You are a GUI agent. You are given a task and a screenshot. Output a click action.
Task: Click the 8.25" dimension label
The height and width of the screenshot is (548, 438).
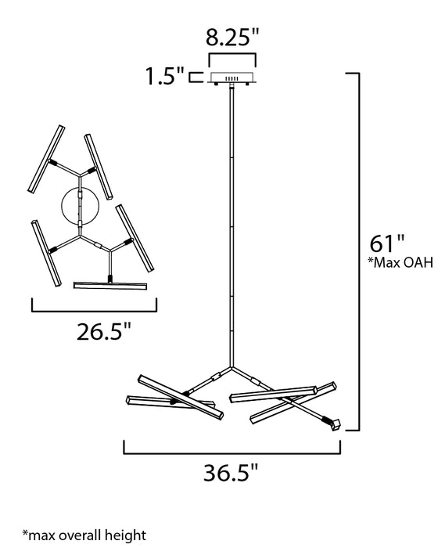pos(232,38)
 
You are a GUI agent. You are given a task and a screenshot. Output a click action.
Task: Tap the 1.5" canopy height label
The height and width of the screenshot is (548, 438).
pos(164,76)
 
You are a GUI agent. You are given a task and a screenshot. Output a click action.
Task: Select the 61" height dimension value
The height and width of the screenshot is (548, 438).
pos(387,243)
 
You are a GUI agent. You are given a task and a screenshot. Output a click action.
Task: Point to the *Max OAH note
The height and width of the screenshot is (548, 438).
pos(400,262)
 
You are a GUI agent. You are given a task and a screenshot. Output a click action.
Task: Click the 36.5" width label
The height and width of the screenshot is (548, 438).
pos(231,473)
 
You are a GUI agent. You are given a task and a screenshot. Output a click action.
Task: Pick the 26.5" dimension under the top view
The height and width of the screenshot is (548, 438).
pos(104,331)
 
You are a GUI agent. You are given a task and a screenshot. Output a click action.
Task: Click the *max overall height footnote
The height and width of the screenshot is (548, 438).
pos(84,535)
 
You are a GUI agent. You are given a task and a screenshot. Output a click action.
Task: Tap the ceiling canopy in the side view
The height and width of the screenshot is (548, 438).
pos(232,78)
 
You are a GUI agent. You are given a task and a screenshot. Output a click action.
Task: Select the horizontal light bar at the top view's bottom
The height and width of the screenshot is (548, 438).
pos(110,286)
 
